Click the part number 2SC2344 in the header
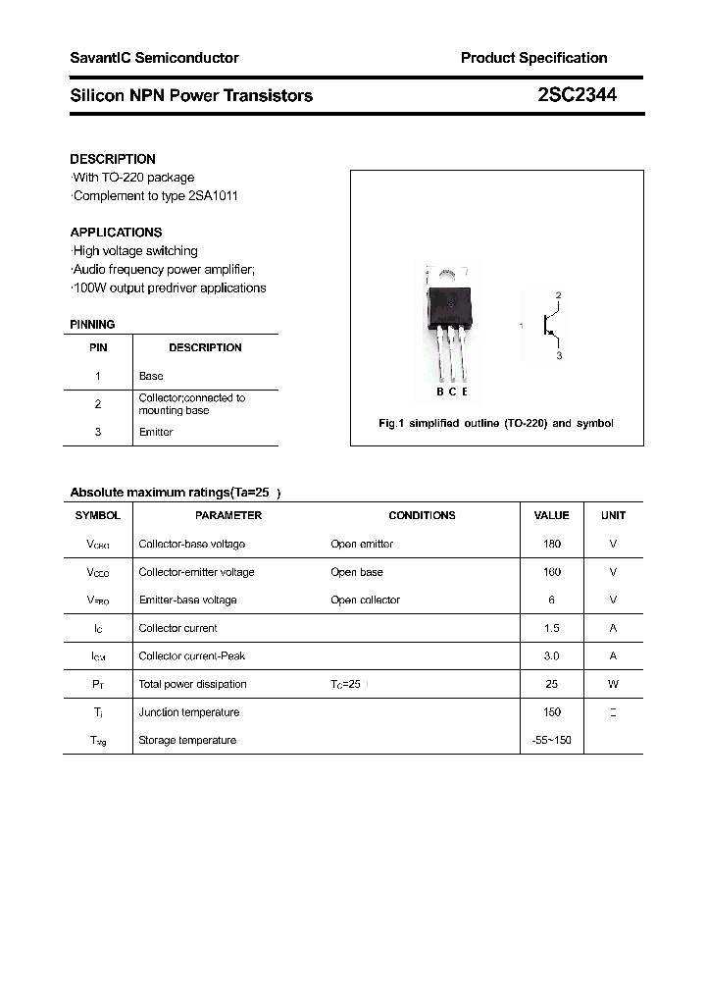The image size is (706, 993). coord(577,95)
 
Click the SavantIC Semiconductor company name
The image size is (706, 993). coord(154,58)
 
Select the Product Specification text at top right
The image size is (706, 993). coord(533,58)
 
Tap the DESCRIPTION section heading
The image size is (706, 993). coord(113,159)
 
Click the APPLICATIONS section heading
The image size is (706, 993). coord(116,233)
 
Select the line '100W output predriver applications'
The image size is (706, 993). coord(169,287)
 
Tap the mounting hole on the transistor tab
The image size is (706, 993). coord(450,279)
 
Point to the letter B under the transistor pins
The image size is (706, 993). coord(439,392)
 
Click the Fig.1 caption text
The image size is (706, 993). coord(496,423)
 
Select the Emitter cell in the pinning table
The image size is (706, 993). coord(156,432)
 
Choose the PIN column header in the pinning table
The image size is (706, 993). coord(98,347)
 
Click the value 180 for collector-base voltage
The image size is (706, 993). coord(551,544)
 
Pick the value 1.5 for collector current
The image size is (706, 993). coord(551,628)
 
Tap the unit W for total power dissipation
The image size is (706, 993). coord(613,684)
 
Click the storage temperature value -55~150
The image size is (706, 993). coord(551,740)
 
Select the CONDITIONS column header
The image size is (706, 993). coord(422,515)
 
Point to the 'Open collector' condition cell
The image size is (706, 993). coord(365,600)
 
